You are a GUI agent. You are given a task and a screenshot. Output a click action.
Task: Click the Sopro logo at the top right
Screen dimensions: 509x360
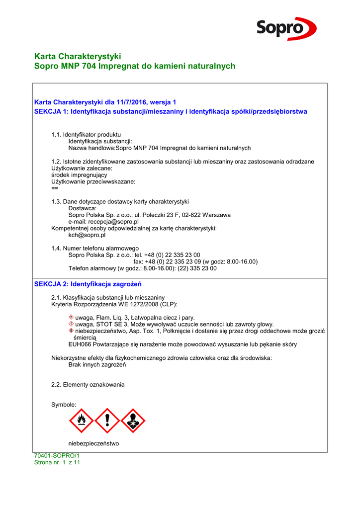(x=286, y=28)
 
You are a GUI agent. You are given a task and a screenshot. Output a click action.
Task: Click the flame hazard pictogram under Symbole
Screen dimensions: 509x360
(x=82, y=421)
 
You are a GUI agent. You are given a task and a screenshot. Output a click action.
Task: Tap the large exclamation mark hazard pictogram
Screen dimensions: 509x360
(x=107, y=421)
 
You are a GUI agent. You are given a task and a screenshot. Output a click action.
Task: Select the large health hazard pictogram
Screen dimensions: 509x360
(x=133, y=421)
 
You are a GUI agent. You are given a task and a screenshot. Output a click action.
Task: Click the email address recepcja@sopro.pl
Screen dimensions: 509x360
(x=113, y=222)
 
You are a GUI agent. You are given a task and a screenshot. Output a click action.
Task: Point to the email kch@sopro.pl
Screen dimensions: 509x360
(x=87, y=235)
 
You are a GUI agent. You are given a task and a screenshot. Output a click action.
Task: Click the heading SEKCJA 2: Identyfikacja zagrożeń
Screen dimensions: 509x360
(x=88, y=284)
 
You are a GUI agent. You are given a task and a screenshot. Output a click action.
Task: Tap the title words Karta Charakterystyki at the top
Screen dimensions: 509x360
(x=78, y=56)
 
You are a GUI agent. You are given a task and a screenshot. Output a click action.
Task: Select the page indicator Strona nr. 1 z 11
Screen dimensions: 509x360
(x=57, y=462)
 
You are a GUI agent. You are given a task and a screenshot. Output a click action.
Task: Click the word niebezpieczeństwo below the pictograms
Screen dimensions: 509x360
(x=93, y=443)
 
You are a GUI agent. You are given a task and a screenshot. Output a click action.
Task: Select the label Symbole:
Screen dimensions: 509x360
(x=64, y=405)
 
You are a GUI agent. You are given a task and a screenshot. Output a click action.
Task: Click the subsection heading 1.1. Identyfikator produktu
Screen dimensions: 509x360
(x=86, y=135)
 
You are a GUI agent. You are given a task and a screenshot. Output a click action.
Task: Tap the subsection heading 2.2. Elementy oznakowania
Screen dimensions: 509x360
(x=88, y=385)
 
